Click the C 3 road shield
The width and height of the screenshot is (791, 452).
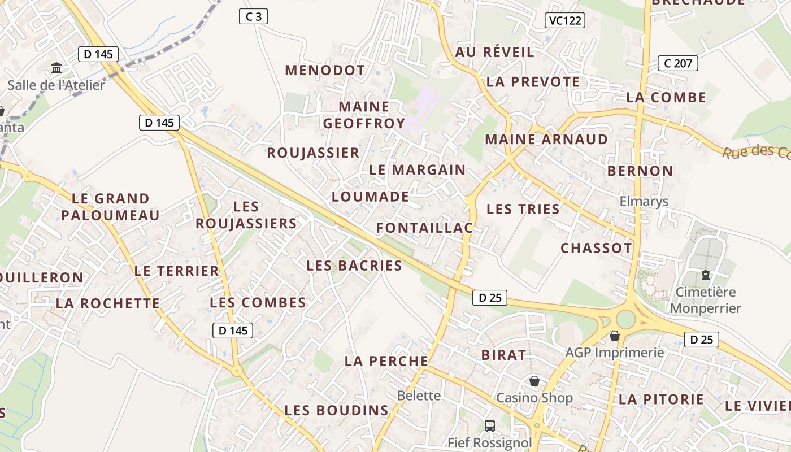tap(253, 16)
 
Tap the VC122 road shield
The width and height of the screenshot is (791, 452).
tap(565, 21)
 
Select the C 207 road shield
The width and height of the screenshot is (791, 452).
tap(678, 63)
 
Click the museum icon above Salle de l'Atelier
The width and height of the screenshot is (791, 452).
tap(56, 68)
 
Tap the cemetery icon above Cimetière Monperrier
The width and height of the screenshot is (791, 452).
tap(705, 275)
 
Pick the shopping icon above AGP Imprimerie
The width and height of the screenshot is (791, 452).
tap(615, 336)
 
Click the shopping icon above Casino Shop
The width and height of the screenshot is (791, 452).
tap(534, 381)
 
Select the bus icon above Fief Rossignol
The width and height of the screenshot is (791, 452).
tap(490, 425)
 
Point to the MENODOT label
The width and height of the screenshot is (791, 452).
tap(325, 71)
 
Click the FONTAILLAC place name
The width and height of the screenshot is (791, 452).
tap(424, 228)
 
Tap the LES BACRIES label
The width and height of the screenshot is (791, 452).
tap(354, 266)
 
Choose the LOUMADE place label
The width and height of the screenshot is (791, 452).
tap(370, 197)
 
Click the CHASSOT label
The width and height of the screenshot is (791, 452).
tap(596, 248)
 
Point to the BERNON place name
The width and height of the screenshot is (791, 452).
tap(640, 171)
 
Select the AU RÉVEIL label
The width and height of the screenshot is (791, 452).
tap(494, 53)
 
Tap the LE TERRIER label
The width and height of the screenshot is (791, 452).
tap(176, 271)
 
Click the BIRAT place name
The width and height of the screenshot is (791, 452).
tap(503, 355)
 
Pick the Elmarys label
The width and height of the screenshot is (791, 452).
tap(644, 202)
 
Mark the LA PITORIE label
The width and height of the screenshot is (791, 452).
tap(662, 399)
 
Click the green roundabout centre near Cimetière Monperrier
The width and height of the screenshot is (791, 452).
tap(625, 319)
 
